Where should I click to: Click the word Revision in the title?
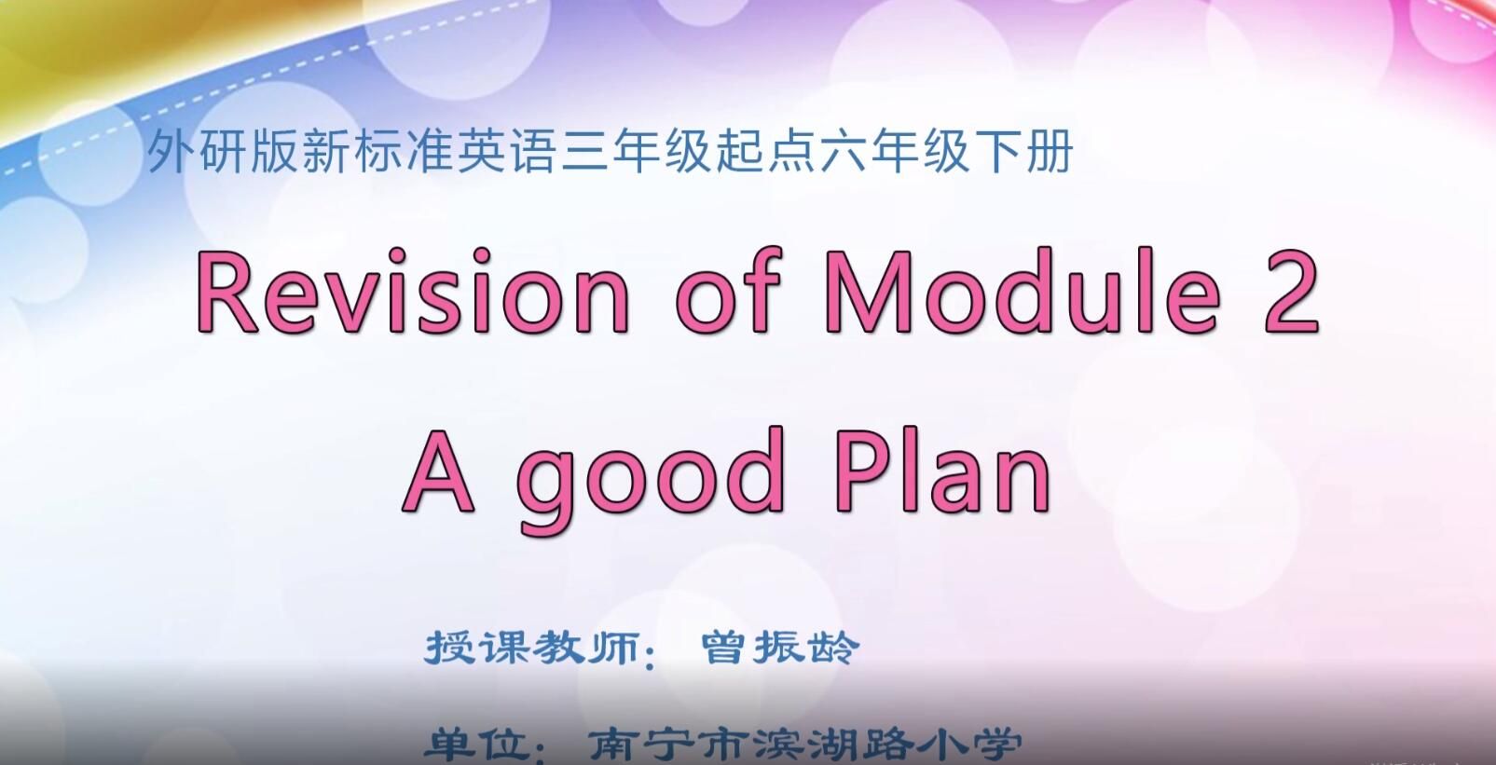point(412,291)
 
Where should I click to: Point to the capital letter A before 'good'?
point(438,471)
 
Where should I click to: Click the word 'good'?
point(651,481)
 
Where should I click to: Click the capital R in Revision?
point(226,292)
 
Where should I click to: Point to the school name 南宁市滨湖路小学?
point(804,745)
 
